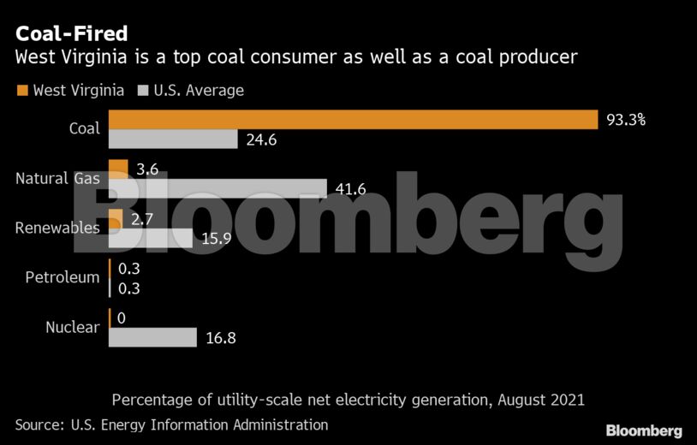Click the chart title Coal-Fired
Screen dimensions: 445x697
click(x=71, y=33)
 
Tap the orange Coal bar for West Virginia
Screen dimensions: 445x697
click(x=353, y=119)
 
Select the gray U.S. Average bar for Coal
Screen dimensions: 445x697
click(x=173, y=139)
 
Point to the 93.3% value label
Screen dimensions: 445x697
click(x=625, y=120)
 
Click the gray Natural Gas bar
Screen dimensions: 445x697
click(x=217, y=188)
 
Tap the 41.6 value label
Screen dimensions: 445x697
click(x=349, y=188)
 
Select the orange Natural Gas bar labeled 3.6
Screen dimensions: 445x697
click(x=118, y=169)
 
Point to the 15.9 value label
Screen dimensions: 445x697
click(x=216, y=239)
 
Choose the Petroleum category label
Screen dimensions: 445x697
click(x=62, y=277)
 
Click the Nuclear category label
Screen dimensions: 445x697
click(x=72, y=327)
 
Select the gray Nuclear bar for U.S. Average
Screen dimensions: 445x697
click(x=153, y=337)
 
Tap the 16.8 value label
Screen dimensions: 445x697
click(x=221, y=338)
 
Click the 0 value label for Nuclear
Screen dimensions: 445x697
click(x=122, y=318)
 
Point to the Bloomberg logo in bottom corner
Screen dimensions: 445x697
click(x=644, y=430)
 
